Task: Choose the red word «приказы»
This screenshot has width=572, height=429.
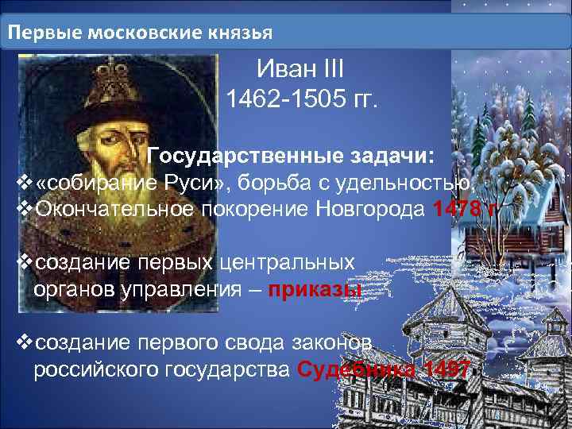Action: coord(315,287)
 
